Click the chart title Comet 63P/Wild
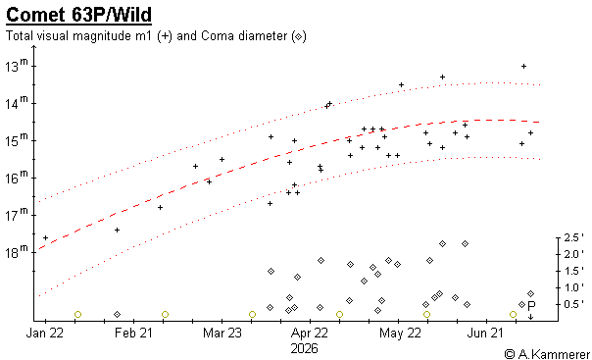pos(79,15)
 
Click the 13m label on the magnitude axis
pos(17,65)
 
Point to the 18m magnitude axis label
pos(17,251)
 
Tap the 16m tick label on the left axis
pos(17,177)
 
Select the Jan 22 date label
pos(44,333)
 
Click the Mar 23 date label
pos(222,333)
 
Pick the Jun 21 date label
pos(485,333)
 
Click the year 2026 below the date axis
pos(304,348)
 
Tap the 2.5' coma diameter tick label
pos(573,237)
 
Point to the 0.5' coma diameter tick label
pos(573,304)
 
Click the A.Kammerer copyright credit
pos(547,354)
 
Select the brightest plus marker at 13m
pos(523,66)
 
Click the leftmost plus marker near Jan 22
pos(46,237)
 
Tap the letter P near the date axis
pos(531,306)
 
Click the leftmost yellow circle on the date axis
pos(77,314)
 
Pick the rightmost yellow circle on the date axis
pos(513,314)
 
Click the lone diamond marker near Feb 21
pos(117,314)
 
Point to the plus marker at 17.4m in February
pos(117,231)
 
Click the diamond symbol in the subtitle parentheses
pos(298,36)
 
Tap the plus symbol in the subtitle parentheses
pos(165,36)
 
